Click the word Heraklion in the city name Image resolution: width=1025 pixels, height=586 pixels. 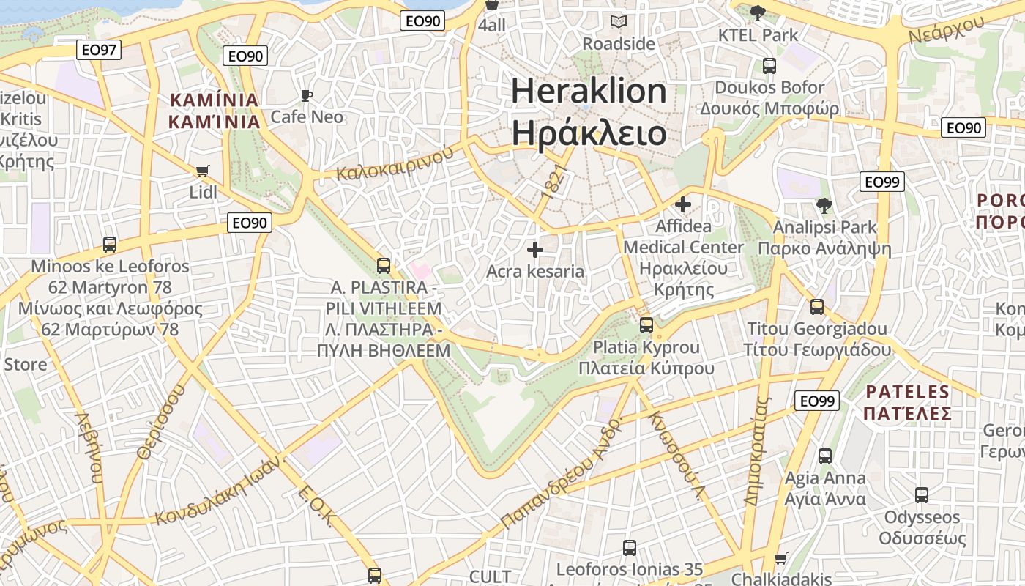pyautogui.click(x=589, y=92)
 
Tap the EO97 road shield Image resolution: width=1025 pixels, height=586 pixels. pyautogui.click(x=99, y=50)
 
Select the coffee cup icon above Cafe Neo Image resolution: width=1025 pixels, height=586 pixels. pyautogui.click(x=307, y=95)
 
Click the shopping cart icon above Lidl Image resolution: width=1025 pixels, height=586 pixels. pyautogui.click(x=203, y=171)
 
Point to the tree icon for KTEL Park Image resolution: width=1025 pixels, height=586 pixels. pyautogui.click(x=758, y=12)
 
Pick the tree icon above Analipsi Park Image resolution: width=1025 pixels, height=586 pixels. pyautogui.click(x=824, y=206)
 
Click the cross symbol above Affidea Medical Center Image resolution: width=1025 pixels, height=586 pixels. pyautogui.click(x=683, y=204)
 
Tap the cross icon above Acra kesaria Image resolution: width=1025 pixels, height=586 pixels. pyautogui.click(x=535, y=250)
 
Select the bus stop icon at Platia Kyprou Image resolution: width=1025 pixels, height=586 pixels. pyautogui.click(x=646, y=324)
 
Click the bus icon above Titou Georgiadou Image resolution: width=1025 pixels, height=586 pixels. pyautogui.click(x=817, y=307)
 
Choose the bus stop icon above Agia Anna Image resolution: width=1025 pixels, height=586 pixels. pyautogui.click(x=825, y=456)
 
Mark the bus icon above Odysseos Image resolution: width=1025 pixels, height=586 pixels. pyautogui.click(x=922, y=495)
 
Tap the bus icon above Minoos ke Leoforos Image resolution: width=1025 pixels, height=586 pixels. pyautogui.click(x=110, y=245)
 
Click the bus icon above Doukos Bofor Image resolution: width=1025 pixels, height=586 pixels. pyautogui.click(x=769, y=66)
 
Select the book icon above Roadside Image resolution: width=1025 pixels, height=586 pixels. pyautogui.click(x=619, y=22)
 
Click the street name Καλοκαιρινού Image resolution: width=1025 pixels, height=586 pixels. pyautogui.click(x=395, y=163)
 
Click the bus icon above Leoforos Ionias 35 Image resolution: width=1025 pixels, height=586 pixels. pyautogui.click(x=630, y=547)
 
